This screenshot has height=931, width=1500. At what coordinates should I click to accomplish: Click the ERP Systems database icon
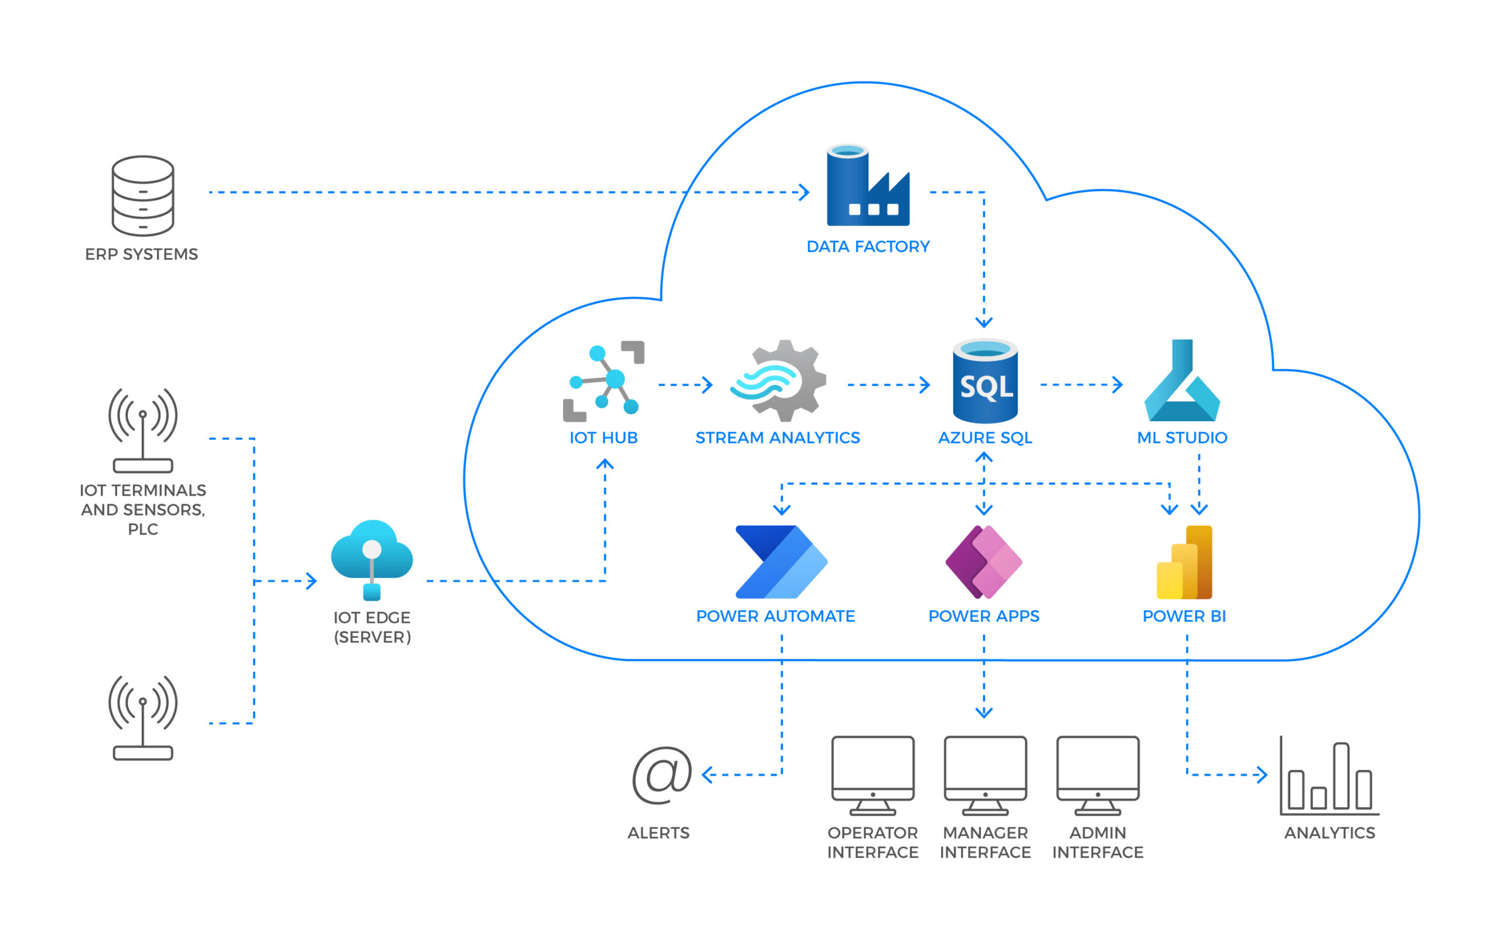click(x=143, y=196)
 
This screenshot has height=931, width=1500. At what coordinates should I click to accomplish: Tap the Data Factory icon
click(x=868, y=186)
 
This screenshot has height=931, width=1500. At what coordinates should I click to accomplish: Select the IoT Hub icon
click(x=604, y=381)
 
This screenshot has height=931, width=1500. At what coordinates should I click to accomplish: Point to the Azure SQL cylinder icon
click(x=985, y=382)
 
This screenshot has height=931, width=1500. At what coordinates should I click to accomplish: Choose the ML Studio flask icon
click(x=1182, y=382)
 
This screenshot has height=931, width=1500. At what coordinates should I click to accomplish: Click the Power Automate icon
click(x=782, y=561)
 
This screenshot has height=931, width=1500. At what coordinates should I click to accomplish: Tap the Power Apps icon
click(x=984, y=561)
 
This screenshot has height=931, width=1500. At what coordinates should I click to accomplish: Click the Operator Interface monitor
click(x=872, y=775)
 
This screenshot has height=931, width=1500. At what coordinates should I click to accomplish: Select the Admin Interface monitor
click(x=1098, y=775)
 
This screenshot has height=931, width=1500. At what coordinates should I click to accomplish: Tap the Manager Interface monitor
click(x=985, y=775)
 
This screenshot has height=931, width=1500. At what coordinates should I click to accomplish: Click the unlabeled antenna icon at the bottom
click(x=143, y=718)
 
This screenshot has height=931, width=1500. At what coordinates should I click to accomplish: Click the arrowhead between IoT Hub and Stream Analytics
click(x=708, y=385)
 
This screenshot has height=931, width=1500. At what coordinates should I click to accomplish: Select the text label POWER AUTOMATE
click(x=776, y=616)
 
